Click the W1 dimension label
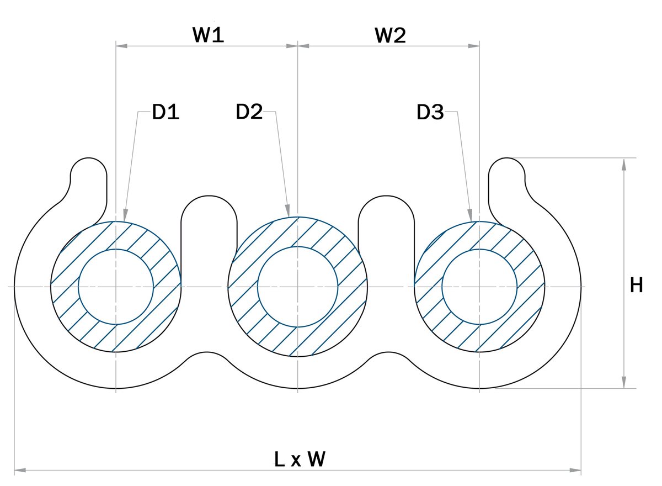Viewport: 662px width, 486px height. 208,35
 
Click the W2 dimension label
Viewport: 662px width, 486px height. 390,35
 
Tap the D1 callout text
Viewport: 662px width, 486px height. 166,112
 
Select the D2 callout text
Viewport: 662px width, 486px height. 249,112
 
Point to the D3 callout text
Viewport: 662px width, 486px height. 430,113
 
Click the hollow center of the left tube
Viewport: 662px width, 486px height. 116,286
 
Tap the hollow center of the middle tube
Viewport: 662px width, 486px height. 298,286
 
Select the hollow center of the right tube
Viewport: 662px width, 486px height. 479,286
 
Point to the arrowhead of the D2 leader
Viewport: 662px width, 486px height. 287,212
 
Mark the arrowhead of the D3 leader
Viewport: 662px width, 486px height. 469,215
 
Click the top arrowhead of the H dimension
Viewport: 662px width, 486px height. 623,163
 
